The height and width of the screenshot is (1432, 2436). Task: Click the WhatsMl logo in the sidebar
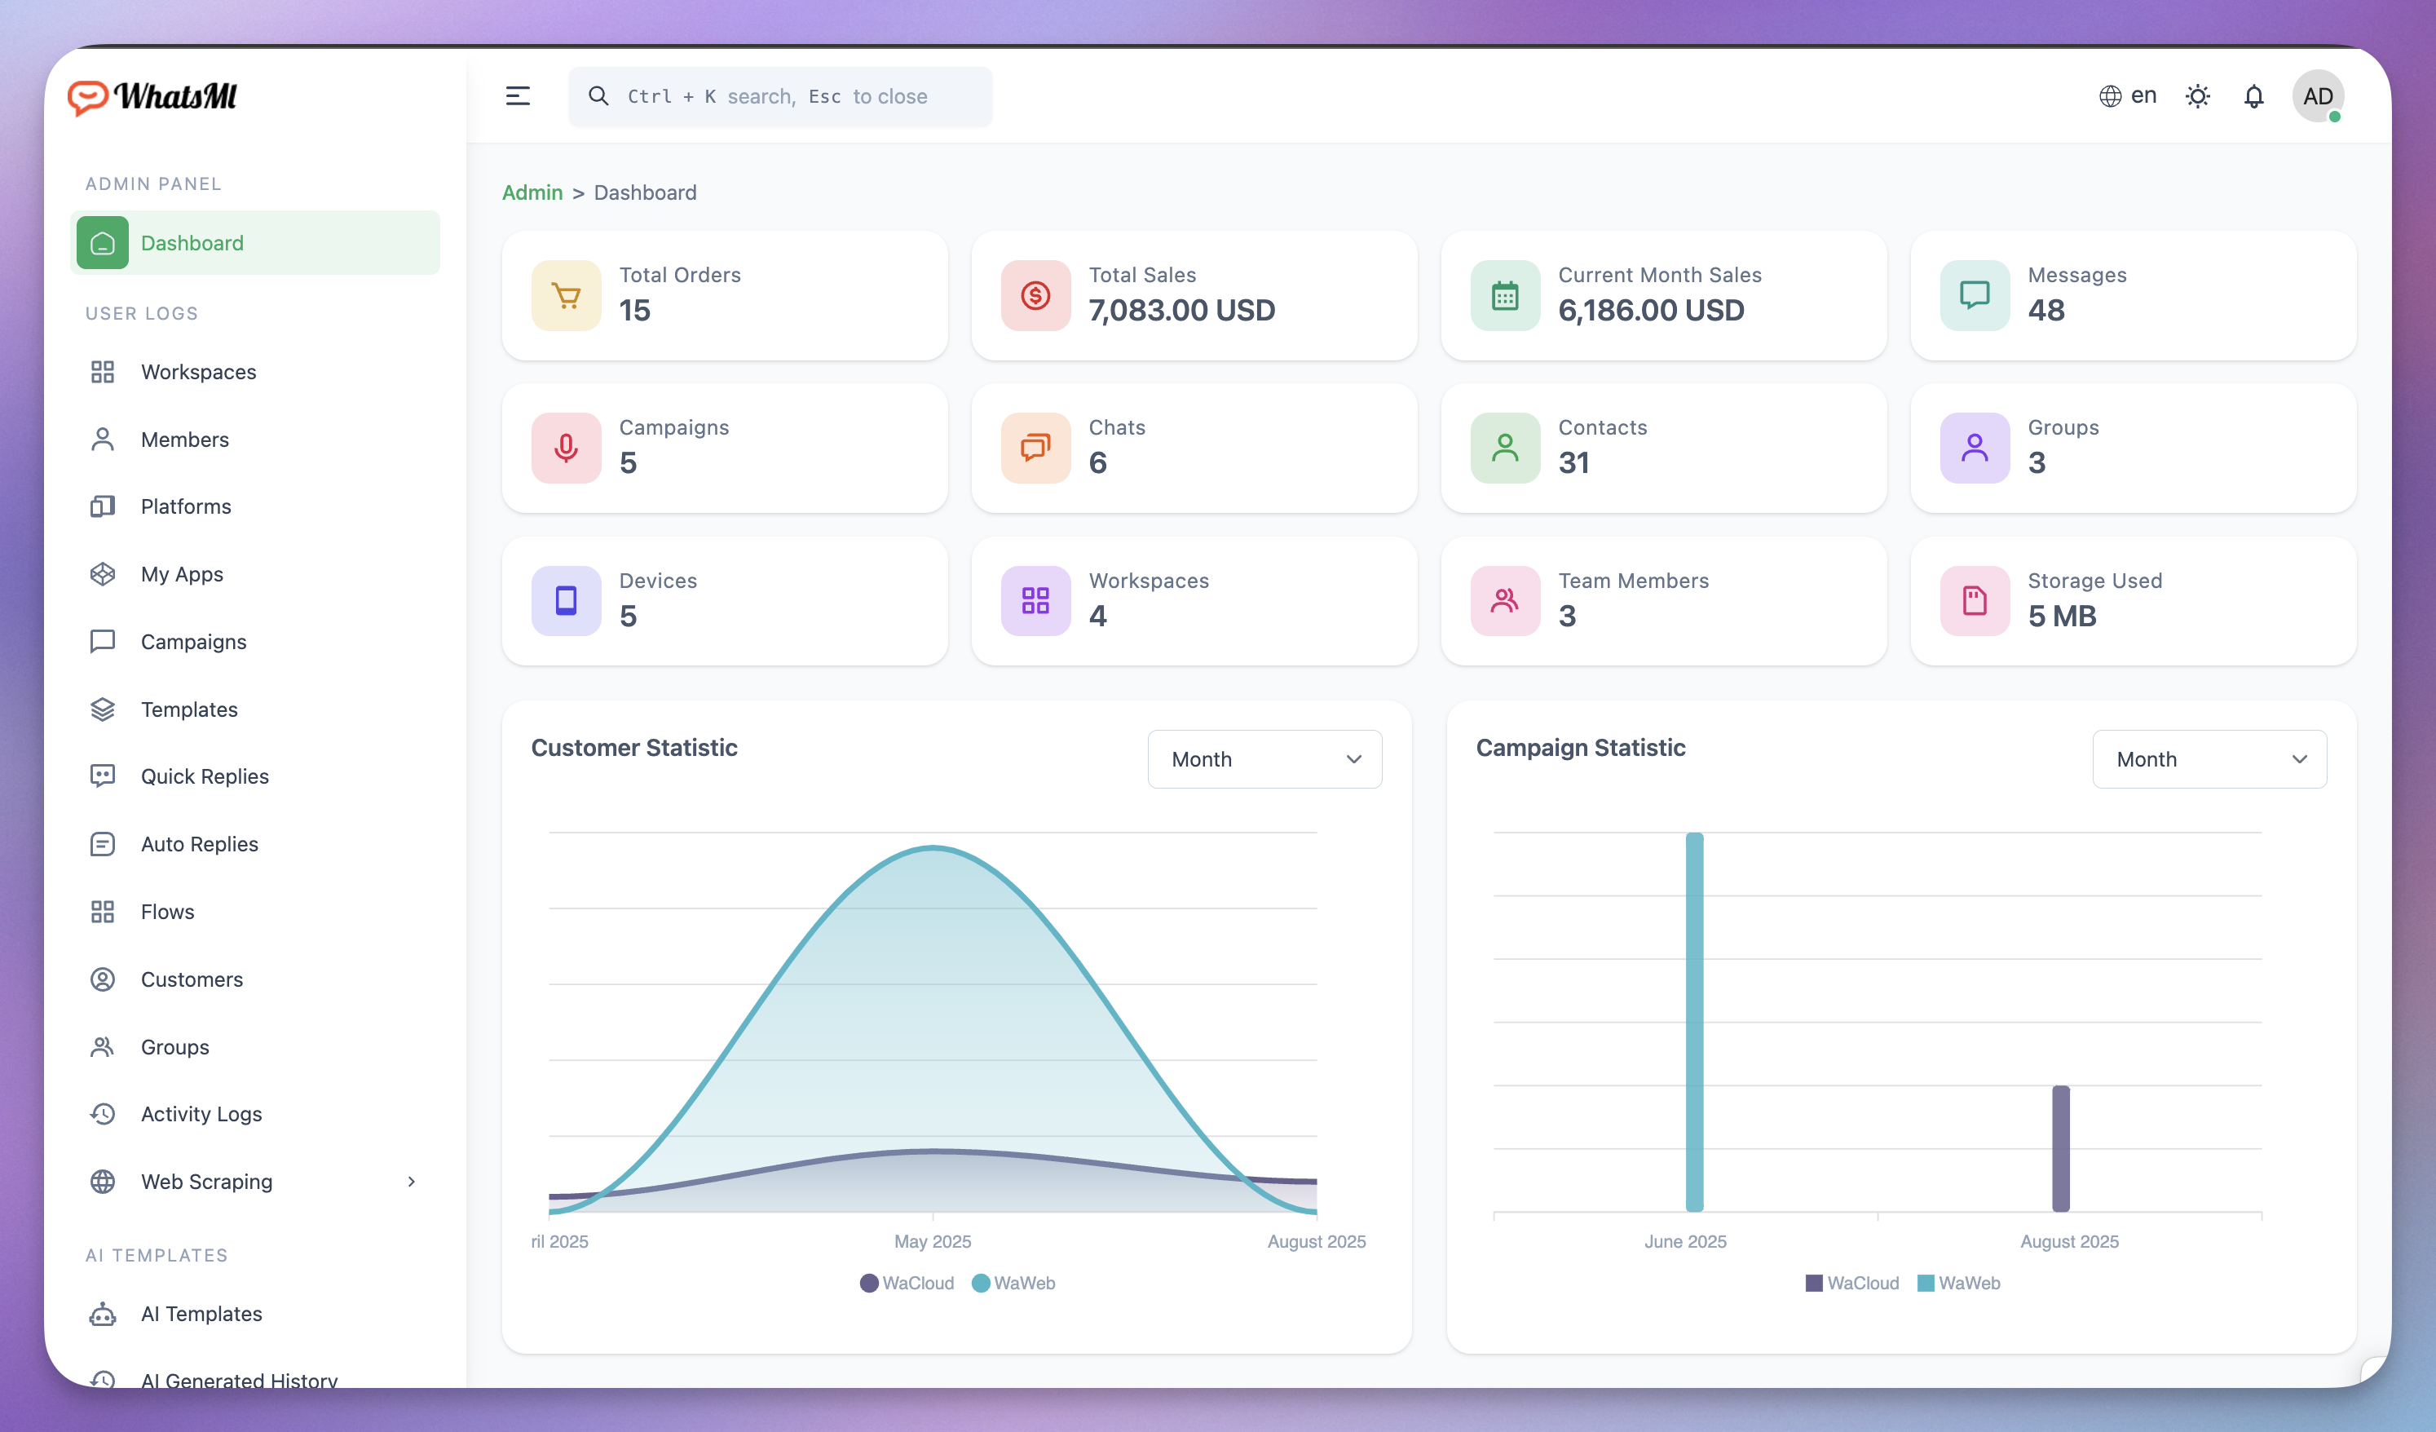tap(152, 97)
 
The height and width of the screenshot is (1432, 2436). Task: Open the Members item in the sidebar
tap(183, 440)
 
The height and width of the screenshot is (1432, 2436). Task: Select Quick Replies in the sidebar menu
tap(204, 776)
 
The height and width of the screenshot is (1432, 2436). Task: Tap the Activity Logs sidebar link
tap(201, 1114)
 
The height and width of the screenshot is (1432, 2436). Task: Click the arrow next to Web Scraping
tap(412, 1182)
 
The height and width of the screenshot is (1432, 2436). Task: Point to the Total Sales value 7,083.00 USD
tap(1181, 311)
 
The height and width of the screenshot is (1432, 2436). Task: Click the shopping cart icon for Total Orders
tap(567, 296)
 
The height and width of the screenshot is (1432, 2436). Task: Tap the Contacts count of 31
tap(1573, 463)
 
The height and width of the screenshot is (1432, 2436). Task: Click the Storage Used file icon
tap(1974, 600)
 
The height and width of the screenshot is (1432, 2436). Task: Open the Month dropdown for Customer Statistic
tap(1264, 759)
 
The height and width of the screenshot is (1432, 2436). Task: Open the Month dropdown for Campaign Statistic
tap(2209, 759)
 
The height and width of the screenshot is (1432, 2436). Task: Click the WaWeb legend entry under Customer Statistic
tap(1014, 1283)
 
